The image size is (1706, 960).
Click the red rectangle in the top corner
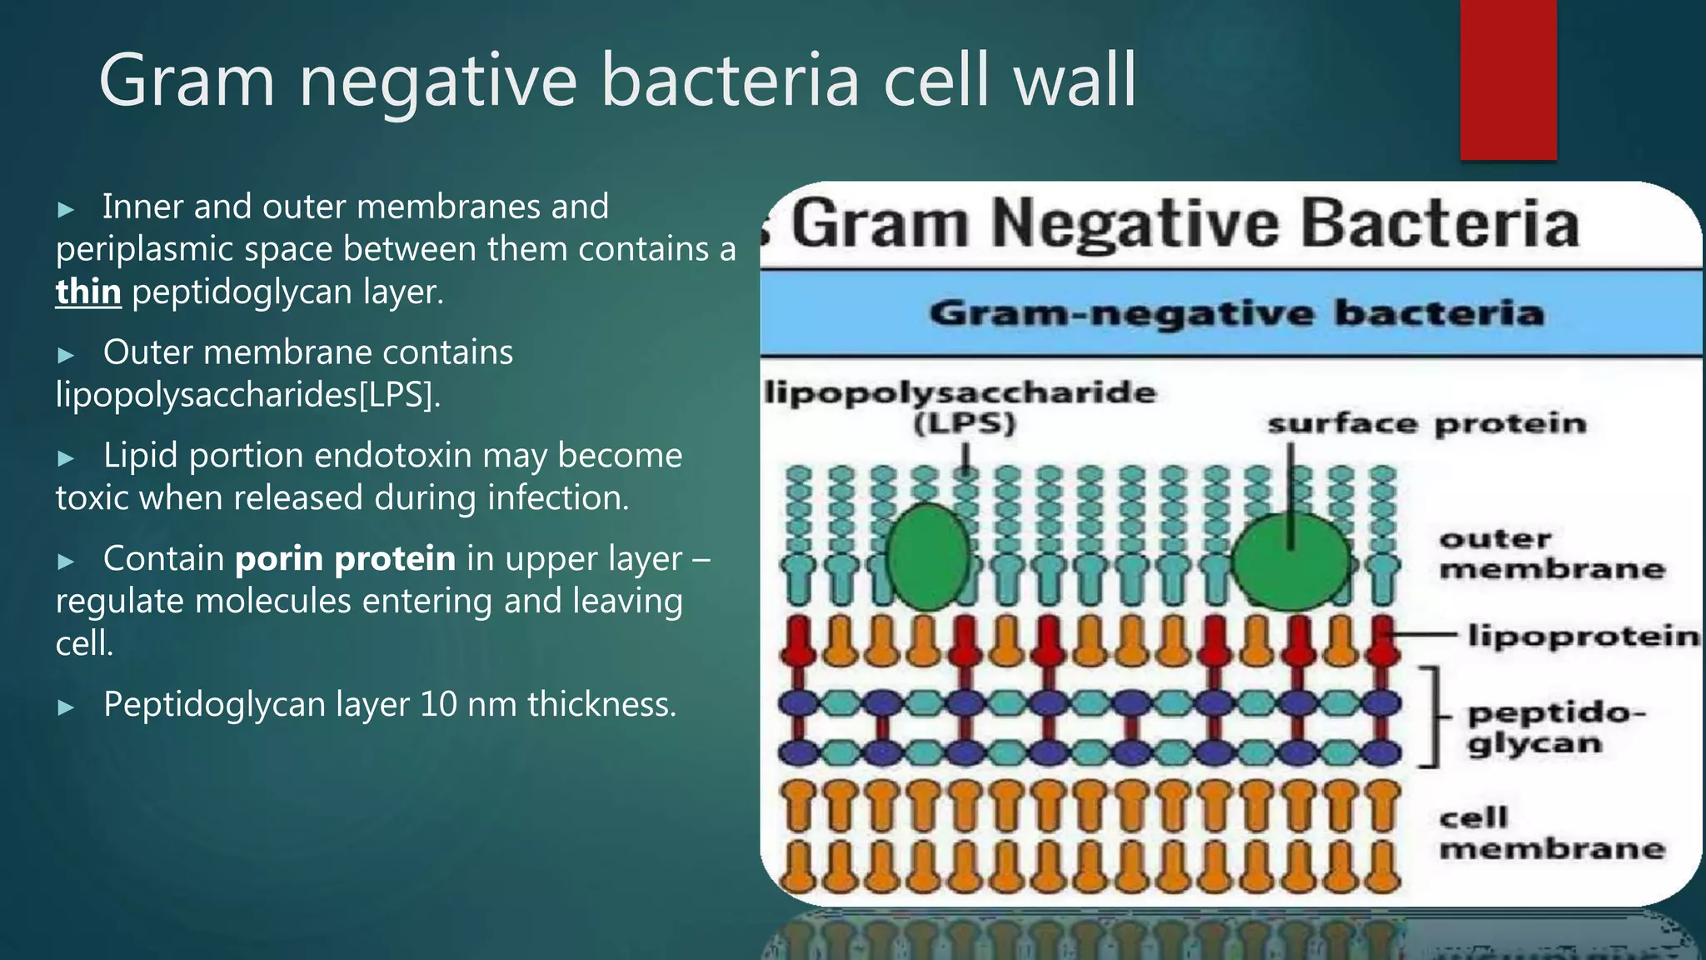[1508, 79]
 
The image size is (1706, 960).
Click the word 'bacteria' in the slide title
[730, 81]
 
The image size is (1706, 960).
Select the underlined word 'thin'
[88, 292]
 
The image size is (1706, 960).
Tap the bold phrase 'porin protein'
[346, 559]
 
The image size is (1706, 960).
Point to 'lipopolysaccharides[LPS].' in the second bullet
[248, 395]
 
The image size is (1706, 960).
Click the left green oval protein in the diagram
[928, 557]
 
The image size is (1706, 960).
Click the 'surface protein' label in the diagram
[1426, 424]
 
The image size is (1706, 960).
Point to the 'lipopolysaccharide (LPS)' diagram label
[962, 407]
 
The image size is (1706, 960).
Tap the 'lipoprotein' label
[1583, 636]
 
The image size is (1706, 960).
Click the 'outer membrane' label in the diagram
[1551, 554]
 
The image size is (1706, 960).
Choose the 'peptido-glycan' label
[1554, 727]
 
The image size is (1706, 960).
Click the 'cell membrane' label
[1551, 833]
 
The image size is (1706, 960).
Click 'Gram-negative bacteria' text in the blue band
[1236, 314]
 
